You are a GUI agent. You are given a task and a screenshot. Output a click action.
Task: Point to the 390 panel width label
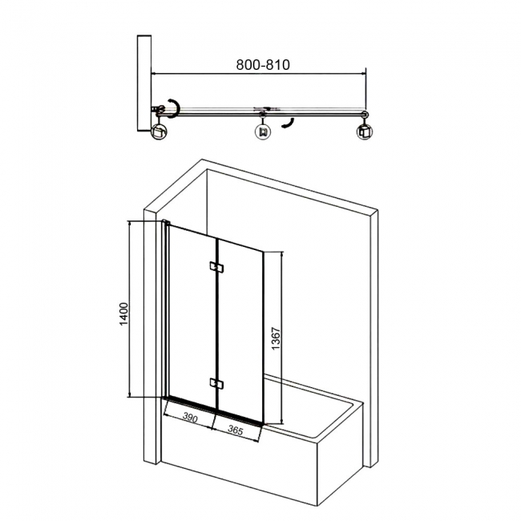tap(190, 418)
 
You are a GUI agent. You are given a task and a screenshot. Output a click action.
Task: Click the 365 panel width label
tap(235, 429)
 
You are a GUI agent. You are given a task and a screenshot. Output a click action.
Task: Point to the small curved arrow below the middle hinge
tap(288, 122)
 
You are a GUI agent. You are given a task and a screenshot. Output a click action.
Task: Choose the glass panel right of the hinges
tap(240, 329)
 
